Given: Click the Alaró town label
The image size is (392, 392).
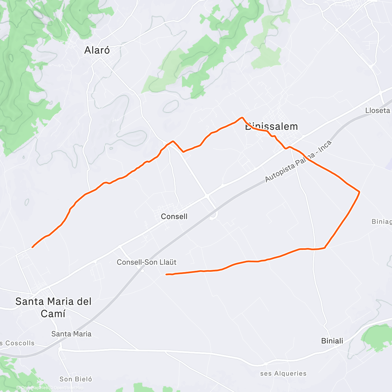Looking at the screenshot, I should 97,50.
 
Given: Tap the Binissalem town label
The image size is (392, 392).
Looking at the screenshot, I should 271,127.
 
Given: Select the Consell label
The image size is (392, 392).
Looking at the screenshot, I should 174,217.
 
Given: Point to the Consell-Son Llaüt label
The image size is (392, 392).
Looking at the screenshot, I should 147,262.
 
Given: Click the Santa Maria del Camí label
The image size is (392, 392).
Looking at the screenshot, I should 53,307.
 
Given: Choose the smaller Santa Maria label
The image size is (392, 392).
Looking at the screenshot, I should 71,334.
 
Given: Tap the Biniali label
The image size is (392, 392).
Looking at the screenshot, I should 332,341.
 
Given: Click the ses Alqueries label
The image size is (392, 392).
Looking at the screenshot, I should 284,373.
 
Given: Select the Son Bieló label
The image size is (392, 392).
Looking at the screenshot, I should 76,379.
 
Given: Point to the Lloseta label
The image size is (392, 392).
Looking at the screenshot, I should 378,110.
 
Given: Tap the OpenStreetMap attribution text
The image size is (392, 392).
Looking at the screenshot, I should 68,388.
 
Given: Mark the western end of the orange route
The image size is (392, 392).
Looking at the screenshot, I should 32,247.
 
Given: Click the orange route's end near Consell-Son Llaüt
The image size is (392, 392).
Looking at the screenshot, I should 167,274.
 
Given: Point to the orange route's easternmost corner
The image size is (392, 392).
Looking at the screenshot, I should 359,192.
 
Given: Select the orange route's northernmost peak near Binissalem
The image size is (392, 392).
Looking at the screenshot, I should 242,117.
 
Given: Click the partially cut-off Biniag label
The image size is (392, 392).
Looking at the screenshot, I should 382,222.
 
